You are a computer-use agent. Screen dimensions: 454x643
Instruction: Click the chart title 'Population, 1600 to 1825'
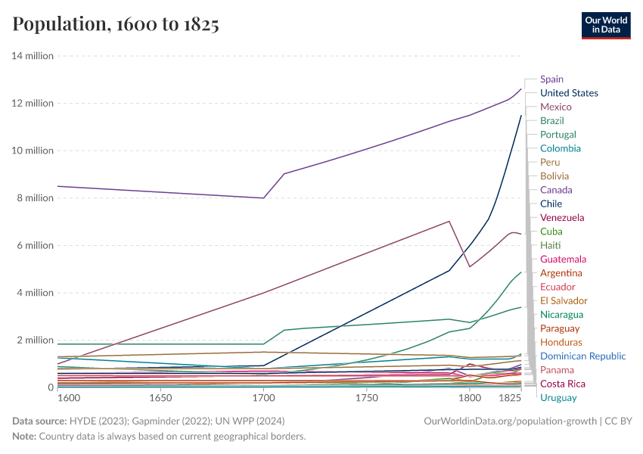[116, 24]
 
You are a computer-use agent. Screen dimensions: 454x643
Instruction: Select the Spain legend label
[551, 79]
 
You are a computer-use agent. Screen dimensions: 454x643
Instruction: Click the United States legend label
[569, 93]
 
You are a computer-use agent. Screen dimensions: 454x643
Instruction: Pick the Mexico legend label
[555, 107]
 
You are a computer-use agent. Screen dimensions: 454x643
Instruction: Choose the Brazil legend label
[551, 120]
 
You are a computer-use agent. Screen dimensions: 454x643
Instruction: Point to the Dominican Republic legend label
[582, 356]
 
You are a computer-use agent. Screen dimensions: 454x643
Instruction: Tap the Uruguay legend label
[558, 398]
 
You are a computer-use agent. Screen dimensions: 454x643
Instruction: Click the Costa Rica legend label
[563, 384]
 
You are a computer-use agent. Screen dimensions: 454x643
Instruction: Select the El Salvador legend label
[564, 300]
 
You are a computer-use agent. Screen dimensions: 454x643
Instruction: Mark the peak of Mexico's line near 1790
[449, 221]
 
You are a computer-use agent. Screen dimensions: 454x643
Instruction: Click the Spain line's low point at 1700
[263, 198]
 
